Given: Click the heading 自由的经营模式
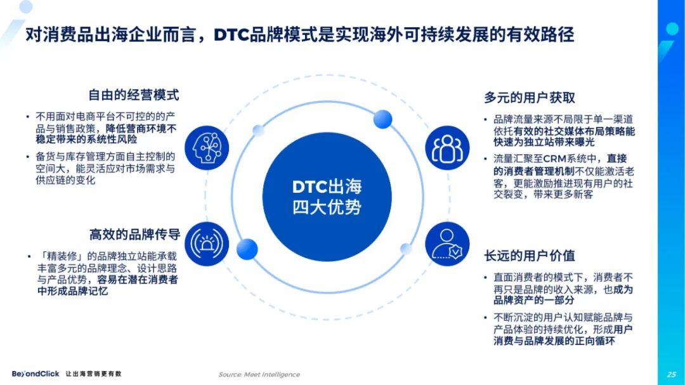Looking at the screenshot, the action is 134,95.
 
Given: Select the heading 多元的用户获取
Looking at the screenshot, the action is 530,98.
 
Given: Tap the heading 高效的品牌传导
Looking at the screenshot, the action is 134,235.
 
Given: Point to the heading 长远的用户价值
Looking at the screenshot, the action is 530,256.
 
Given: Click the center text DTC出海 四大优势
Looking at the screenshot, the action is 327,197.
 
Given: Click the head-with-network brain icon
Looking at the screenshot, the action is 207,148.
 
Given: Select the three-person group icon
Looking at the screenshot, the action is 447,148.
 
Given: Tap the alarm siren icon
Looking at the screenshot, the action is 207,244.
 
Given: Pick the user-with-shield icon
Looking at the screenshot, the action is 447,244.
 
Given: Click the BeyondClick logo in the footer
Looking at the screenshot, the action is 36,374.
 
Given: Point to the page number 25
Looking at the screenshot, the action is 672,374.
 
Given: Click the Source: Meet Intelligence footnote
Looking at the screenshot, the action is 259,374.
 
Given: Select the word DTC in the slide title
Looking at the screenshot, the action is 231,34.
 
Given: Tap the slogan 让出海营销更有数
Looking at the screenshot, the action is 93,374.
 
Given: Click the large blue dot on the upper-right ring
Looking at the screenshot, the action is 382,119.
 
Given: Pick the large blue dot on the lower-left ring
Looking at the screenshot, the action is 247,249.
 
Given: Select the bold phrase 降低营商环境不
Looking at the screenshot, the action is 141,129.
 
